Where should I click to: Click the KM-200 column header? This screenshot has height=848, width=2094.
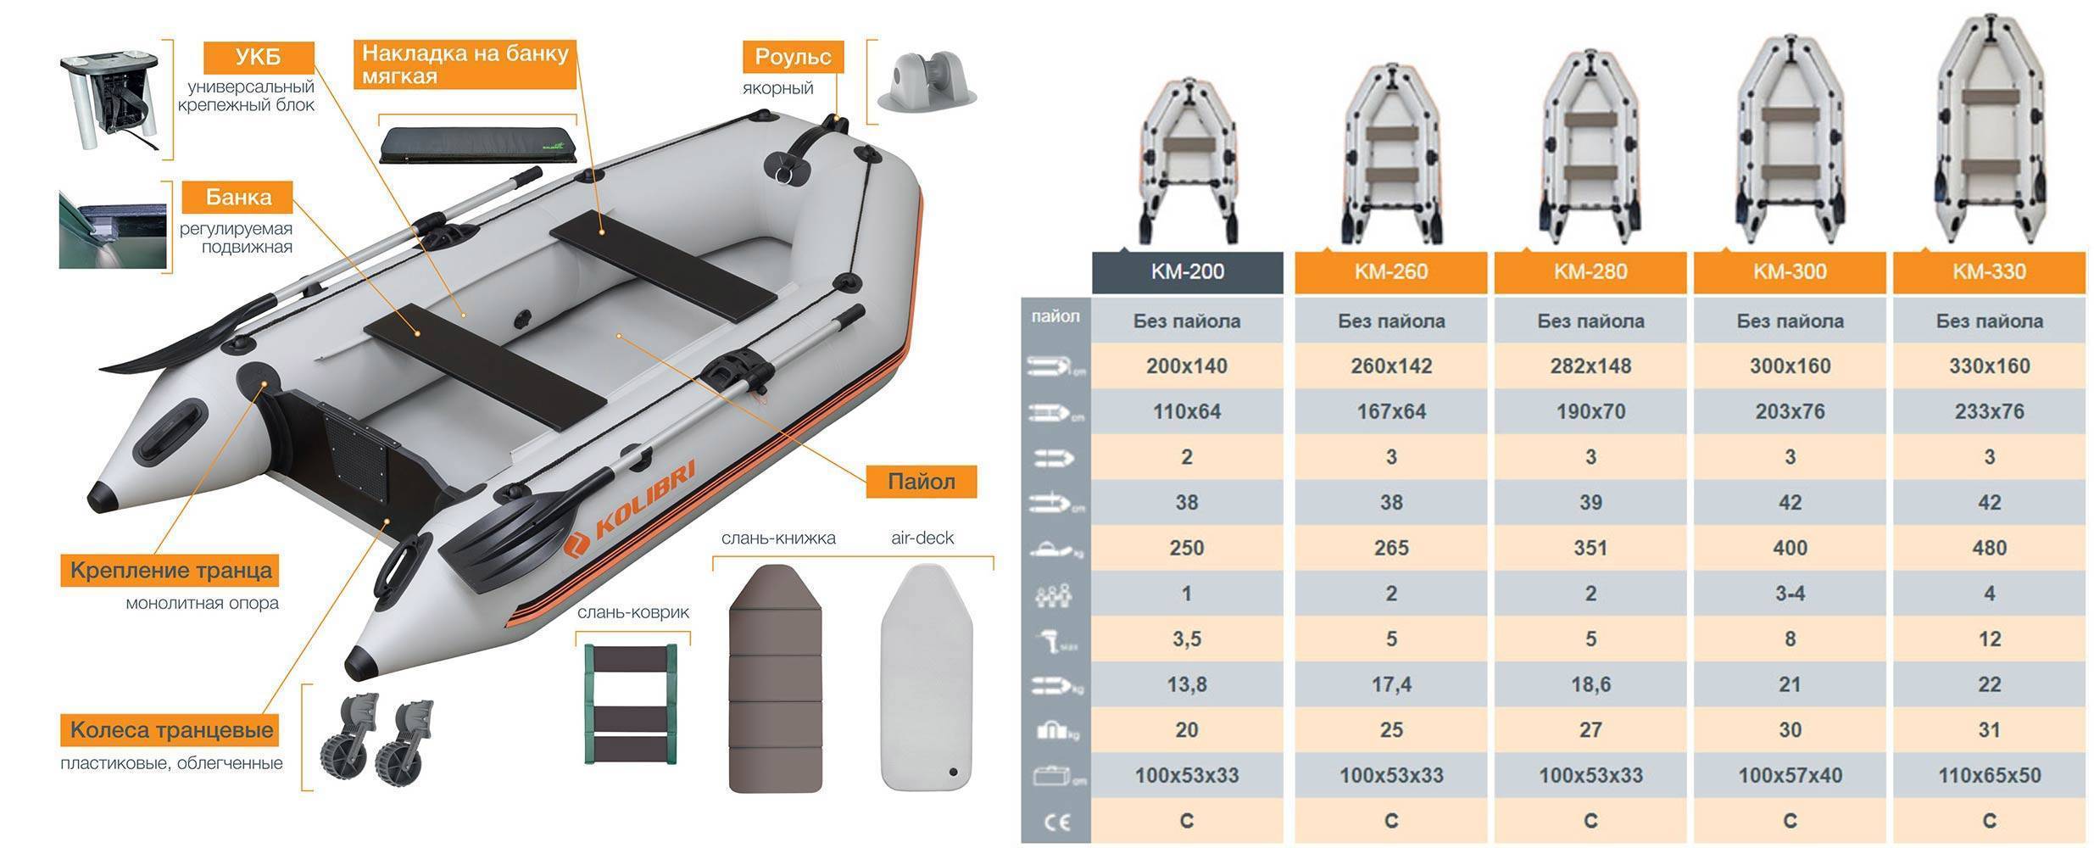coord(1187,272)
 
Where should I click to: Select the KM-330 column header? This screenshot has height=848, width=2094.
coord(1989,272)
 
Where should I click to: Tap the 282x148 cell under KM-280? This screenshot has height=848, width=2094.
coord(1590,366)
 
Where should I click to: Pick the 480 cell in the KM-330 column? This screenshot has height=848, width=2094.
coord(1989,548)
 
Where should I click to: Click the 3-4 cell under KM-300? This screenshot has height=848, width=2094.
coord(1790,594)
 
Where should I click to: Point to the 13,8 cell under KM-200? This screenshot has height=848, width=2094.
coord(1187,684)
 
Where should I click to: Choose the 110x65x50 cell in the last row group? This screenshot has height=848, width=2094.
coord(1989,775)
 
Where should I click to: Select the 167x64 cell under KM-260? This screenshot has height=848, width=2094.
coord(1391,412)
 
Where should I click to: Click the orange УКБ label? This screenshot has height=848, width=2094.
coord(259,58)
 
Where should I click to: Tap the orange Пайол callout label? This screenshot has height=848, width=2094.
coord(922,482)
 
